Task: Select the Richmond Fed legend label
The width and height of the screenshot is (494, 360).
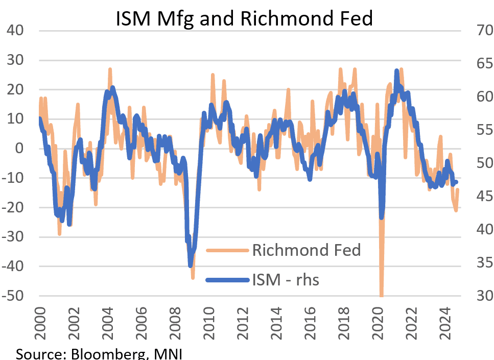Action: [x=306, y=250]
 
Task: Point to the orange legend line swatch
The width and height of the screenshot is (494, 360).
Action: [x=227, y=250]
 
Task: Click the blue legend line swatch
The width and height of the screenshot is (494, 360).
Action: [x=227, y=280]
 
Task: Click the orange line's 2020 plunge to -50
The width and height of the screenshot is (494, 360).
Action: [x=382, y=295]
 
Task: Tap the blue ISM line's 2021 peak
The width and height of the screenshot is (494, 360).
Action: [x=397, y=70]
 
